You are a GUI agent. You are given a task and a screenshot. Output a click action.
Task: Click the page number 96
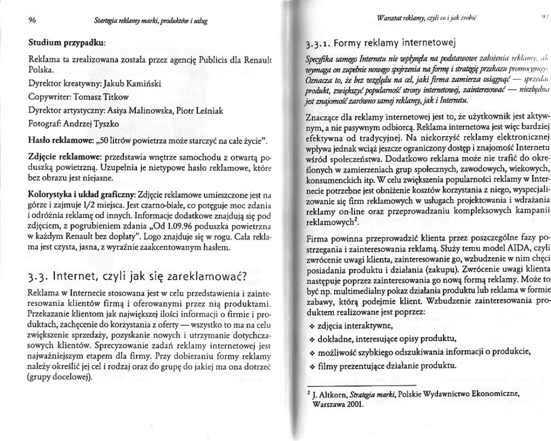[x=30, y=21]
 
